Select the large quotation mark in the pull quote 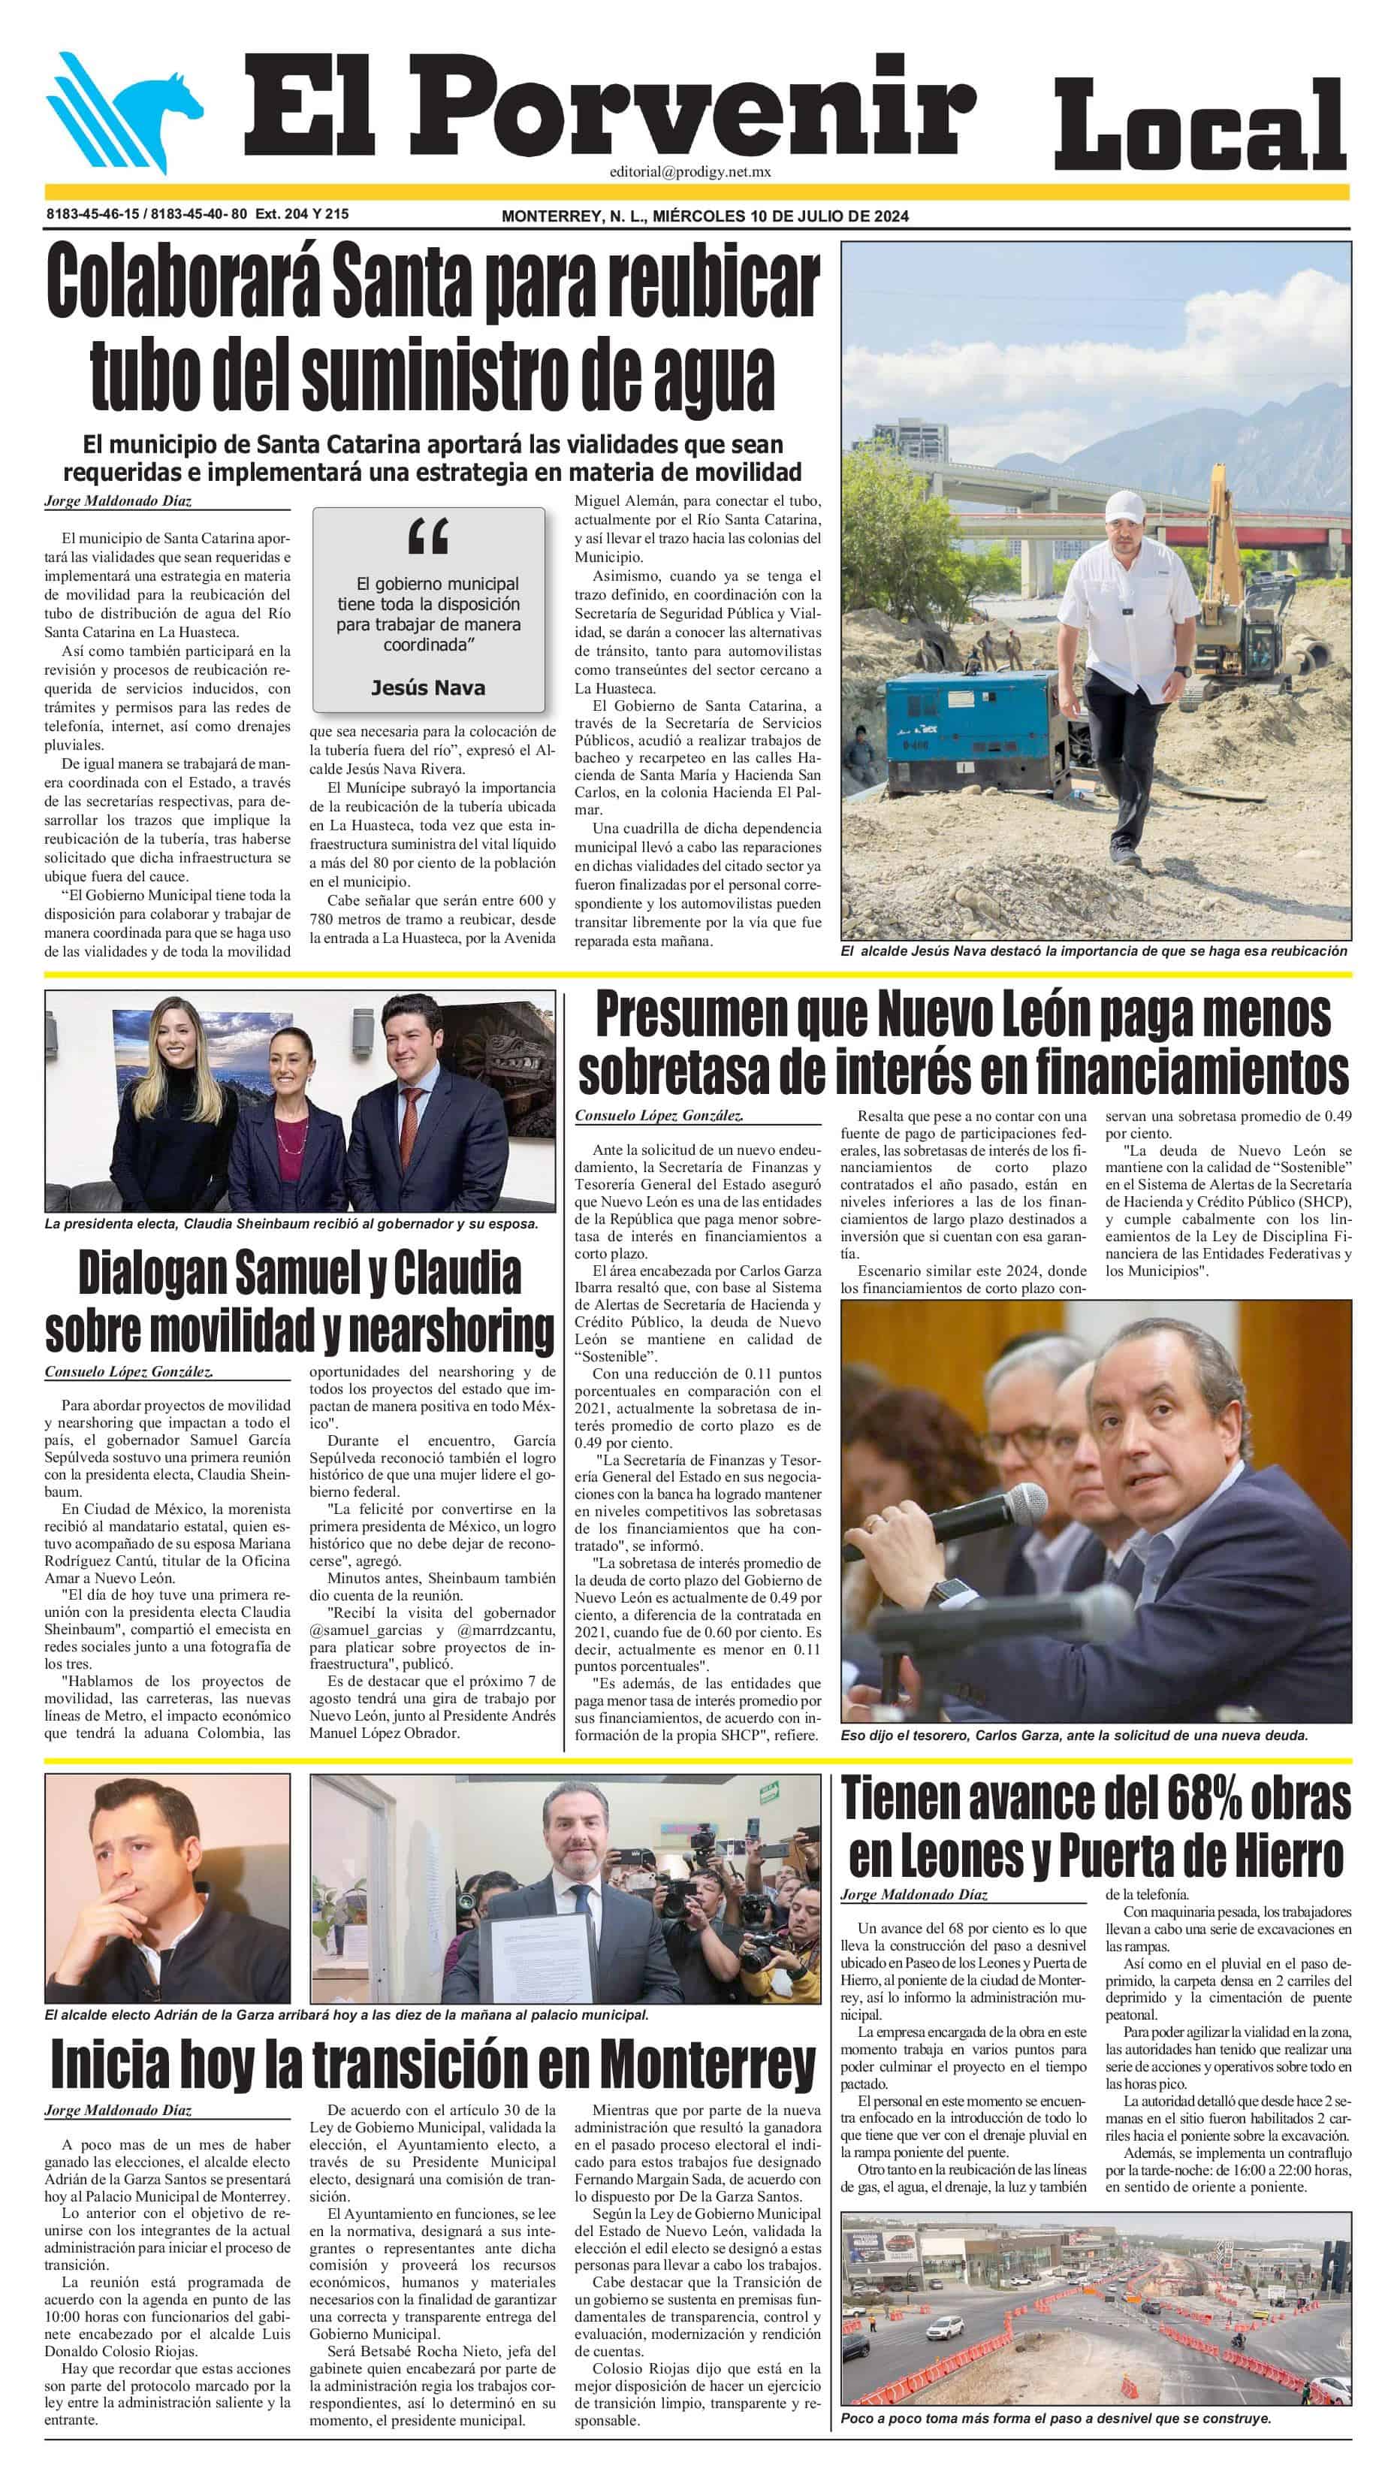tap(428, 536)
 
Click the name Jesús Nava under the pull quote tap(428, 687)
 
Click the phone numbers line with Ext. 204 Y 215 tap(197, 214)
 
